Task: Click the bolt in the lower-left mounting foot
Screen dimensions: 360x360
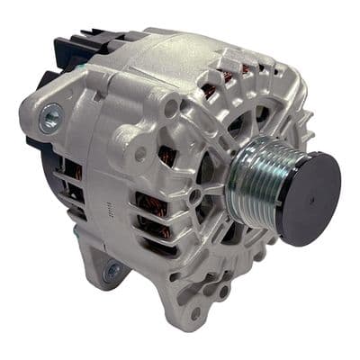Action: pos(112,270)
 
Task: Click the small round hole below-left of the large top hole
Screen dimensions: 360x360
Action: pos(140,154)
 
